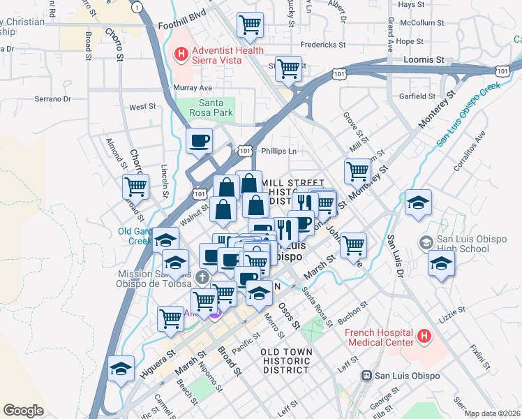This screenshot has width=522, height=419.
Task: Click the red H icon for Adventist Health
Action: click(181, 53)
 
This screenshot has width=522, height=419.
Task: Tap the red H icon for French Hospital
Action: click(423, 337)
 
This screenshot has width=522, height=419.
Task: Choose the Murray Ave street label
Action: click(193, 88)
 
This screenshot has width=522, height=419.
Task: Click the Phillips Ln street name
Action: click(278, 150)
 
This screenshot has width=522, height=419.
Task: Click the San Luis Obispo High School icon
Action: click(424, 242)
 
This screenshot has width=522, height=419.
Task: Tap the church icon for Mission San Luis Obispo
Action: click(202, 278)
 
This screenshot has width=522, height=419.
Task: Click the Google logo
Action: click(23, 410)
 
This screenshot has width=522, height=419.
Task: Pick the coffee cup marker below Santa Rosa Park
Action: click(200, 140)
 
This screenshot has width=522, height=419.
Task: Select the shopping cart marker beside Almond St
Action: click(135, 186)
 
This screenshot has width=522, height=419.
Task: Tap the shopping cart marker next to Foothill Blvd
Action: click(250, 25)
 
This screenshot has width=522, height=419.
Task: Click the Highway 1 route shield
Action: click(140, 7)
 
